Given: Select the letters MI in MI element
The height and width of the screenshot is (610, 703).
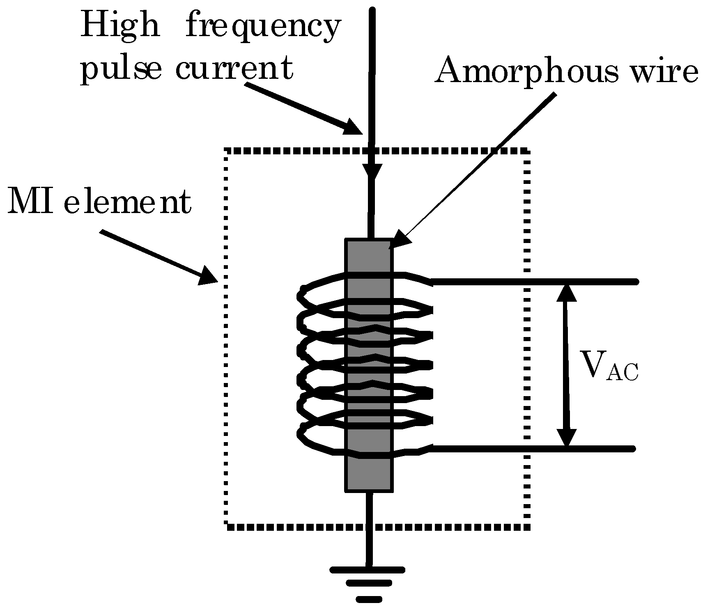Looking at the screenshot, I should (31, 202).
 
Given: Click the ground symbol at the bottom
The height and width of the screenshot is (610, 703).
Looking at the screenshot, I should (368, 583).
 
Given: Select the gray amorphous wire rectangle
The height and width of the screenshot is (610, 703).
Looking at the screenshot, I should (369, 472).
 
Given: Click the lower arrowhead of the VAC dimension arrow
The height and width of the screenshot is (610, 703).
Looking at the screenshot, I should (567, 438).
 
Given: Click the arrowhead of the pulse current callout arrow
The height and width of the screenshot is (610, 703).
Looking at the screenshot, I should (354, 127).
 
